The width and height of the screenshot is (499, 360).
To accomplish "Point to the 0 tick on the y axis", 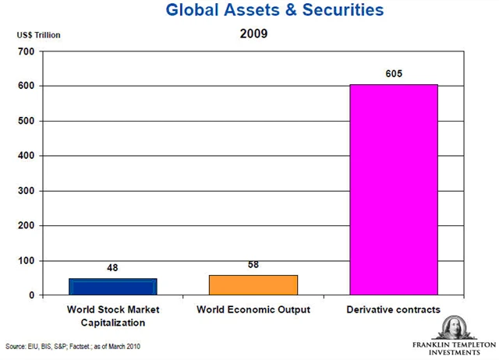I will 30,296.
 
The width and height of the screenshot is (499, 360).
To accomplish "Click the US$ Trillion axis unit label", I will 38,35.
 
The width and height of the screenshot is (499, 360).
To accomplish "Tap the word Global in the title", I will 193,11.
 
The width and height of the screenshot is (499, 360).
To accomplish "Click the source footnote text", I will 73,346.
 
